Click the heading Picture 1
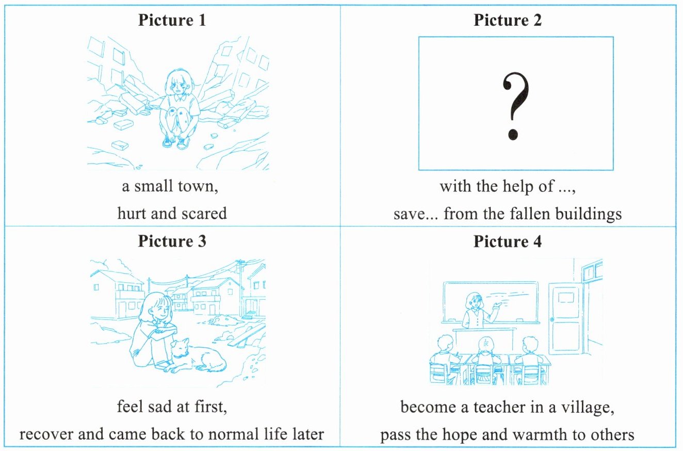point(172,21)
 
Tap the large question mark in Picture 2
point(516,105)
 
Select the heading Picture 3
point(172,241)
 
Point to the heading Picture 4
point(508,241)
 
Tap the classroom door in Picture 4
point(566,318)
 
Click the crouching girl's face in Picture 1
point(179,85)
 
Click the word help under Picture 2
point(518,186)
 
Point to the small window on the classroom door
point(566,298)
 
